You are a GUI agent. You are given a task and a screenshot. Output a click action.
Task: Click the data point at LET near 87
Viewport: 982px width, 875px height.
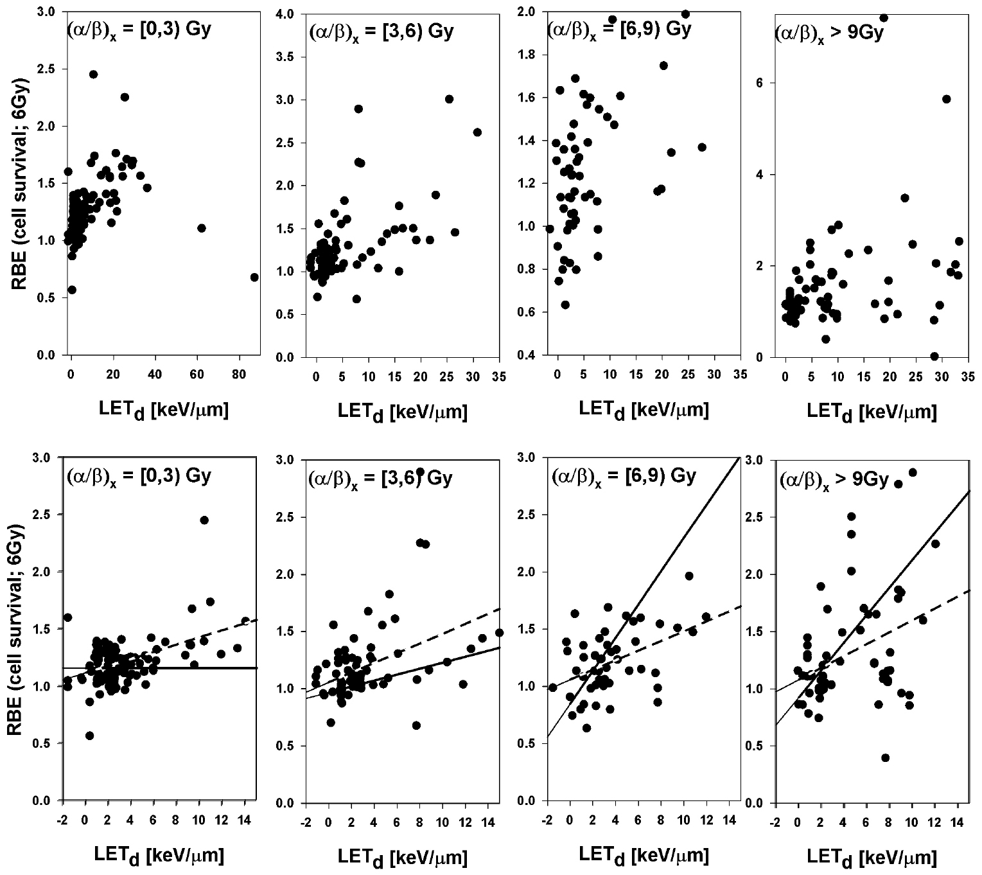(x=254, y=277)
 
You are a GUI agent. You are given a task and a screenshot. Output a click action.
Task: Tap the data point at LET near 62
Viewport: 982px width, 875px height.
(x=201, y=228)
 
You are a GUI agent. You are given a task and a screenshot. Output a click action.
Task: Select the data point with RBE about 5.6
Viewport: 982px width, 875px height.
(x=946, y=98)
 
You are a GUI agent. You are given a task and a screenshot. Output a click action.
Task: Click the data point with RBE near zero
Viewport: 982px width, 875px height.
(x=934, y=356)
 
